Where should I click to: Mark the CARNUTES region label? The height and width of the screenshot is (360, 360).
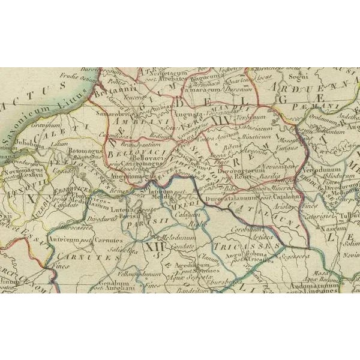[x=88, y=256]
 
